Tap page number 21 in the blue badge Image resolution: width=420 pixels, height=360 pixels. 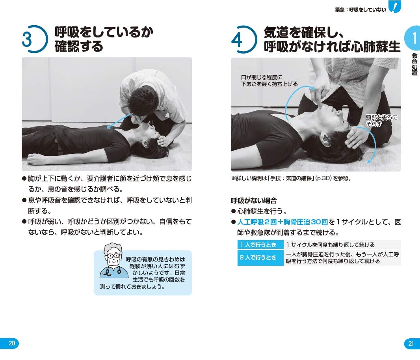[x=411, y=343]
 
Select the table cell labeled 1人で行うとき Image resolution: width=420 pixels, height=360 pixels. [x=260, y=245]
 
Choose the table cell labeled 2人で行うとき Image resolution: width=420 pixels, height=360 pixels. [x=260, y=258]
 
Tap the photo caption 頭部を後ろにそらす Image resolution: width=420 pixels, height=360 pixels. [x=381, y=121]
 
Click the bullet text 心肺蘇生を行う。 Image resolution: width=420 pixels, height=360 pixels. [x=262, y=211]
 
